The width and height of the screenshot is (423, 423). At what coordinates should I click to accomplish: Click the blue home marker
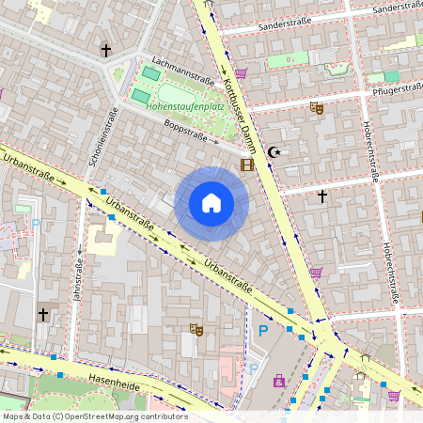coord(211,202)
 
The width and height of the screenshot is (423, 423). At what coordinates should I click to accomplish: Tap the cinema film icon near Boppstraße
coord(247,165)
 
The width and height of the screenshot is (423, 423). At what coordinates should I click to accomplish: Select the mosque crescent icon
coord(274,152)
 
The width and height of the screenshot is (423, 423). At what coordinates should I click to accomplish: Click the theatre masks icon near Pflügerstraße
coord(317,108)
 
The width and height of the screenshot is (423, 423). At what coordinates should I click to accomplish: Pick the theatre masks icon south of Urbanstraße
coord(196,329)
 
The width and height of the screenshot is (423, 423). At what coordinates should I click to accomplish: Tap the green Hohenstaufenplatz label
coord(185,106)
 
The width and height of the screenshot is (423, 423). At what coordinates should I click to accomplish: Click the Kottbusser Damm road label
coord(240,114)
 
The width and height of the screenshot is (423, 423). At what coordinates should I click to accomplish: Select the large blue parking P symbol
coord(263,331)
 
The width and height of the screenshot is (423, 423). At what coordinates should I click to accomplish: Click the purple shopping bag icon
coord(279,381)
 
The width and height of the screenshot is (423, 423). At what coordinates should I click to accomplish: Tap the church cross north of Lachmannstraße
coord(106,49)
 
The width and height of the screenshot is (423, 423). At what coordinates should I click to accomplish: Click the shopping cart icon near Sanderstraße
coord(242,72)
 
